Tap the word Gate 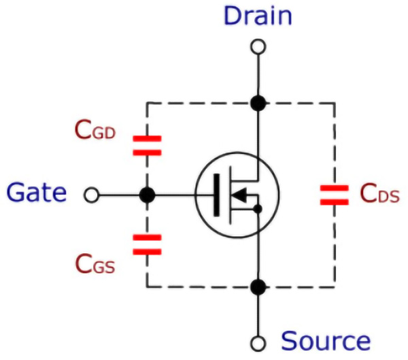click(37, 195)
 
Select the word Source click(326, 340)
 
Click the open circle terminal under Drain click(258, 47)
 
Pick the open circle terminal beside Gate click(91, 196)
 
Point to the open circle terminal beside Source click(258, 343)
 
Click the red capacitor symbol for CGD click(147, 144)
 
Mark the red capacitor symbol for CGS click(147, 244)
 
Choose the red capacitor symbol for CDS click(334, 195)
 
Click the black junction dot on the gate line click(147, 196)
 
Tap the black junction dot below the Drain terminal click(258, 103)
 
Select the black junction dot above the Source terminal click(258, 287)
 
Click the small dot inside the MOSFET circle click(258, 209)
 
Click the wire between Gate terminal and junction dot click(119, 196)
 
